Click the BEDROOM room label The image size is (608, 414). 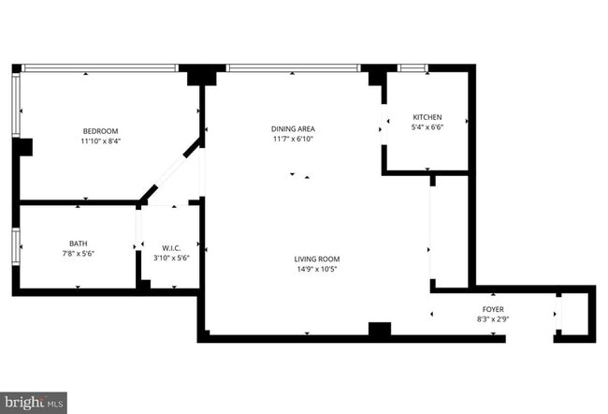coord(100,131)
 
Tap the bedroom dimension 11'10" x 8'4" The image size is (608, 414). coord(100,141)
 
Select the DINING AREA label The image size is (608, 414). coord(293,128)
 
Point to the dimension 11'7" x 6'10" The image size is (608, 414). coord(293,139)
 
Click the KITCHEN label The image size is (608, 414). coord(427,117)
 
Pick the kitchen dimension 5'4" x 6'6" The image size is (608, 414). coord(427,127)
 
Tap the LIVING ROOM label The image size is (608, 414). coord(317,259)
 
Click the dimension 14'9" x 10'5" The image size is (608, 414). coord(317,270)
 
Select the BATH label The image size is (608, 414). coord(78,244)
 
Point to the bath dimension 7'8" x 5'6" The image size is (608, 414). coord(78,254)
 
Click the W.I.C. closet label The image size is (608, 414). coord(170,247)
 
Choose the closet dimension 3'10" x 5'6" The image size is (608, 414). coord(170,258)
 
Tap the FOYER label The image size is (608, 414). coord(493,308)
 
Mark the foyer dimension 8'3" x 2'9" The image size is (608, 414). coord(493,318)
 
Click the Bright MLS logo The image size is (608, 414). coord(34,402)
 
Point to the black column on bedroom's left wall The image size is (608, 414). coord(22,147)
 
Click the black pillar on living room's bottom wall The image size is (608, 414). coord(379,329)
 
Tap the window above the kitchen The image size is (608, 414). coord(413,67)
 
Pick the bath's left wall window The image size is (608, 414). coord(16,247)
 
